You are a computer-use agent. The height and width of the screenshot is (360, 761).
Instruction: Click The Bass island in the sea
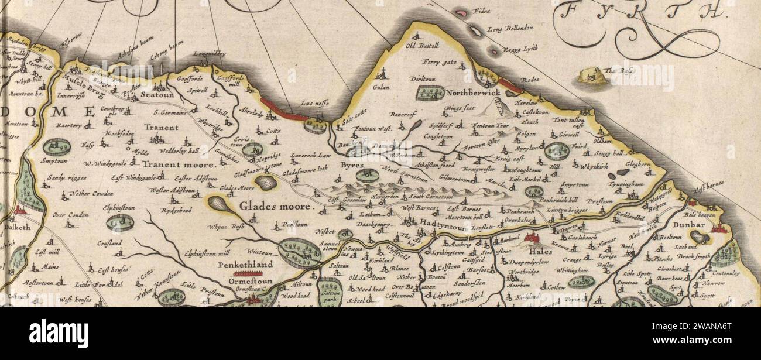pyautogui.click(x=593, y=75)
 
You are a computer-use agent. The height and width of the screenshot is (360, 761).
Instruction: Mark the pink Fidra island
pyautogui.click(x=462, y=12)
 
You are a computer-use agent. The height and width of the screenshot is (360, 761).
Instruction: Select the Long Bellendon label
pyautogui.click(x=510, y=28)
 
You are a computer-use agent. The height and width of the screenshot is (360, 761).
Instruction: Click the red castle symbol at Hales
pyautogui.click(x=532, y=238)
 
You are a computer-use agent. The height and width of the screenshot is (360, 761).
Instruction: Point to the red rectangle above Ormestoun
pyautogui.click(x=252, y=273)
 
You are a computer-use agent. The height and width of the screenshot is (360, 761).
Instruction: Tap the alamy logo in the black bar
pyautogui.click(x=59, y=334)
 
